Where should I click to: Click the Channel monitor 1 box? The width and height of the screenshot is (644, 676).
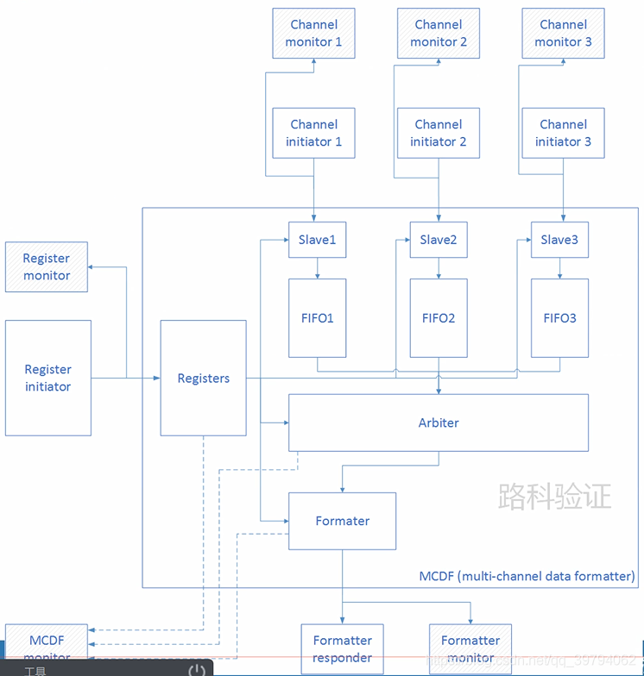(313, 34)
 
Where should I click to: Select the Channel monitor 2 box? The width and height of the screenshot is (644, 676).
(439, 34)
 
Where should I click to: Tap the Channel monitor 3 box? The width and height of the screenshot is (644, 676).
(563, 34)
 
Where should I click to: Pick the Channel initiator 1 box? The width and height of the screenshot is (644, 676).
(313, 133)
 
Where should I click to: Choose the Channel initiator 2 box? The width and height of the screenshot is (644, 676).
(439, 133)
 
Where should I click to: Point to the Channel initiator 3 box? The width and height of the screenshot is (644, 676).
(563, 133)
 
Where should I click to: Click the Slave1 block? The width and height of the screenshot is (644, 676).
(317, 240)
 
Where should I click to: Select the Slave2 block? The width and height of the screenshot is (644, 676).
(439, 240)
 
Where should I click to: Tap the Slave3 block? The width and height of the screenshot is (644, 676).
(559, 240)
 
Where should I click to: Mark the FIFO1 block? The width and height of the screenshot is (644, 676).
(317, 318)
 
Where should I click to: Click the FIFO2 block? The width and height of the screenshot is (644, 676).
(439, 318)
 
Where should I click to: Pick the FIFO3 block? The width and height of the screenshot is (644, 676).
(559, 318)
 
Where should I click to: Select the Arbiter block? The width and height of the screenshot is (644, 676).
(439, 422)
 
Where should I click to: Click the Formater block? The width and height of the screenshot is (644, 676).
(342, 521)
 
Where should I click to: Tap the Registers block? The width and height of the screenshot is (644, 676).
(204, 378)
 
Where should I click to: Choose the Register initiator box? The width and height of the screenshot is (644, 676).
(47, 378)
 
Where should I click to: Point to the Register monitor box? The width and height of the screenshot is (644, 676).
(47, 266)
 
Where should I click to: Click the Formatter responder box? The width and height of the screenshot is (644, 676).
(342, 648)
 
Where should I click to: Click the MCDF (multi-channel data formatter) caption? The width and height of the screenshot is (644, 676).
(527, 575)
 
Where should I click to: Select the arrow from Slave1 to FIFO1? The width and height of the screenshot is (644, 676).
(317, 268)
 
